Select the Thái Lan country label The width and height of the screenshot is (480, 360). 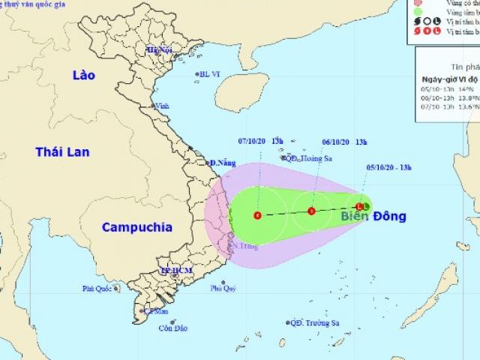pyautogui.click(x=62, y=151)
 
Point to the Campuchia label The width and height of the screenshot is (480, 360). pyautogui.click(x=137, y=226)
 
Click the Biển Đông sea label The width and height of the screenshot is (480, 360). pyautogui.click(x=373, y=217)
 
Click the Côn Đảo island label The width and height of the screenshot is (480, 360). pyautogui.click(x=172, y=327)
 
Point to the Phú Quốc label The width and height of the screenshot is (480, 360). pyautogui.click(x=98, y=287)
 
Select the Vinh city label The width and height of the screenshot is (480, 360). pyautogui.click(x=161, y=106)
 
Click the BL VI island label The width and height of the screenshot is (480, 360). pyautogui.click(x=209, y=74)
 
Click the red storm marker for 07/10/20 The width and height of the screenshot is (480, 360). pyautogui.click(x=258, y=216)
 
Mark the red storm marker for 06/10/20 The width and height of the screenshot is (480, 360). pyautogui.click(x=312, y=211)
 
